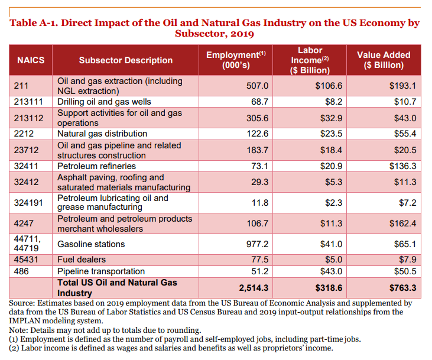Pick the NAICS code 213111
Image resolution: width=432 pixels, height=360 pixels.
29,102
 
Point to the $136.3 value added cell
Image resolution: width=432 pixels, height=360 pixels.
402,166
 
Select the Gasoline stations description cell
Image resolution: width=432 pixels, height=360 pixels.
91,244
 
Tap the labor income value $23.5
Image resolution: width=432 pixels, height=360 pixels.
332,134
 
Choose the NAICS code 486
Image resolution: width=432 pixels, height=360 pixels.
21,271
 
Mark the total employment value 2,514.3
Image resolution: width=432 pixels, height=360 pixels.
254,288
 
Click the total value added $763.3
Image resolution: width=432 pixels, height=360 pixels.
401,288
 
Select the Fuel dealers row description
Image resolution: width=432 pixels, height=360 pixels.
82,260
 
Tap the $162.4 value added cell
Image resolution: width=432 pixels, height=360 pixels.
402,223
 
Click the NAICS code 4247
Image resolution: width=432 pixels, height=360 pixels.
23,223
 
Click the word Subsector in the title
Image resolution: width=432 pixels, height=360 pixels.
197,34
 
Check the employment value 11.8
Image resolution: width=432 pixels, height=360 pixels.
260,203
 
